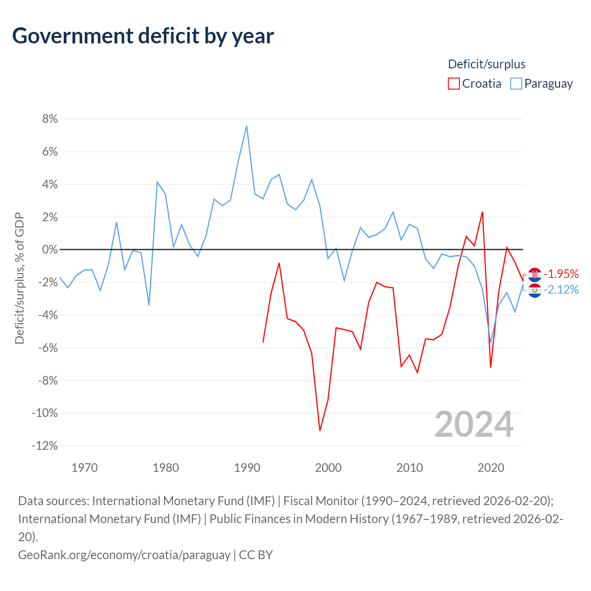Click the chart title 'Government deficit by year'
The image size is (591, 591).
pyautogui.click(x=143, y=36)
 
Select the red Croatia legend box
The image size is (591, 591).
pyautogui.click(x=453, y=84)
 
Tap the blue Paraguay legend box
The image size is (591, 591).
pyautogui.click(x=516, y=84)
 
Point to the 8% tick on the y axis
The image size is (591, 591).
pyautogui.click(x=50, y=119)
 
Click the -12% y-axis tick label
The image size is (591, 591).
pyautogui.click(x=45, y=446)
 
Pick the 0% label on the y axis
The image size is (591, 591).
pyautogui.click(x=50, y=249)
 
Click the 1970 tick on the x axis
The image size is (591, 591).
pyautogui.click(x=84, y=468)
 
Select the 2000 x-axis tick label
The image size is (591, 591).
pyautogui.click(x=328, y=468)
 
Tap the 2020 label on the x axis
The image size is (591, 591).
pyautogui.click(x=491, y=468)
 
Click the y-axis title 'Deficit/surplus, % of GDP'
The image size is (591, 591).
pyautogui.click(x=20, y=278)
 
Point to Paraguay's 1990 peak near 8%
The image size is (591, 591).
pyautogui.click(x=247, y=126)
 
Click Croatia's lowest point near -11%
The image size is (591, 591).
pyautogui.click(x=320, y=431)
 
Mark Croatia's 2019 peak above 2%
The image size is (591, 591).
pyautogui.click(x=482, y=212)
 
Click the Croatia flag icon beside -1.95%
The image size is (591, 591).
pyautogui.click(x=535, y=274)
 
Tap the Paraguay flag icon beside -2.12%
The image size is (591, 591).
pyautogui.click(x=535, y=290)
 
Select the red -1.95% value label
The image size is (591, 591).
pyautogui.click(x=561, y=274)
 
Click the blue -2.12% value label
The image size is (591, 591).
pyautogui.click(x=561, y=289)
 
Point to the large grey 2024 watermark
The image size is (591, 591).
pyautogui.click(x=474, y=424)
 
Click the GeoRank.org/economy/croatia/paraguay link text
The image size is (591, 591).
pyautogui.click(x=124, y=555)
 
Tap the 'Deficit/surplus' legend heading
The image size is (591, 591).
pyautogui.click(x=487, y=64)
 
